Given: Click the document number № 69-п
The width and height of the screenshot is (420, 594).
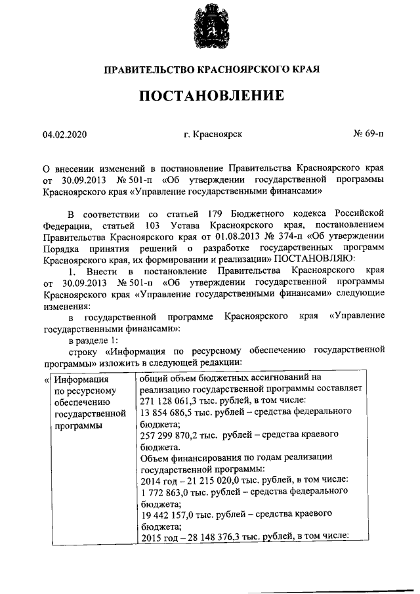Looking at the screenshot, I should point(369,135).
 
